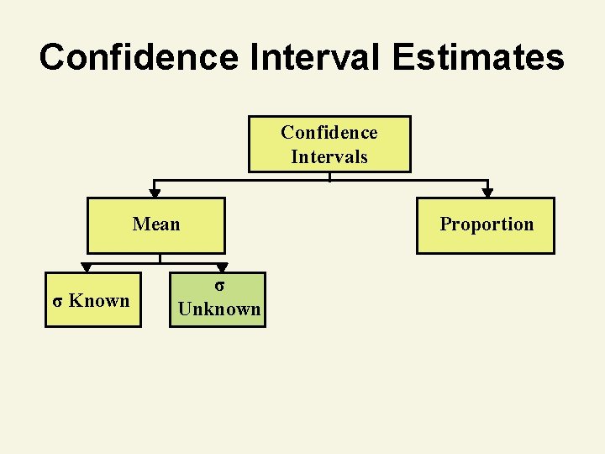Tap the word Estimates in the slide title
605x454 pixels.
tap(481, 57)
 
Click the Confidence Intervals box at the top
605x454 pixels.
tap(329, 144)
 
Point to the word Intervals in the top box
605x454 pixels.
tap(329, 156)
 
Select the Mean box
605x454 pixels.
tap(156, 225)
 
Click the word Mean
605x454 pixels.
tap(156, 224)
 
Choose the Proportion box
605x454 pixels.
tap(486, 225)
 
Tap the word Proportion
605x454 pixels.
tap(487, 224)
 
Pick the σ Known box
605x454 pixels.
tap(92, 299)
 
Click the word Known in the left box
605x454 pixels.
tap(99, 300)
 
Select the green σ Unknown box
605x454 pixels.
tap(219, 299)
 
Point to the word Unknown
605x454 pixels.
tap(219, 309)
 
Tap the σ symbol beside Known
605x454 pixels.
tap(57, 301)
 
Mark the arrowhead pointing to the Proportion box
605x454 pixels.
tap(487, 193)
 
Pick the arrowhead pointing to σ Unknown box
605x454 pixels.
tap(222, 268)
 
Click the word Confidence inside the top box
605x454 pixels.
tap(329, 133)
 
